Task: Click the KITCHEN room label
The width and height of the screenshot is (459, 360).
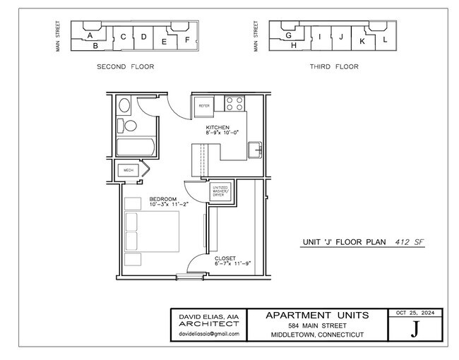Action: (217, 127)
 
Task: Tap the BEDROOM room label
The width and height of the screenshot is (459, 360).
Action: (163, 199)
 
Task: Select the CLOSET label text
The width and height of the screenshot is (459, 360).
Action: (225, 258)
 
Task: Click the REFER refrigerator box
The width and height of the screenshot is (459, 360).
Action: (205, 106)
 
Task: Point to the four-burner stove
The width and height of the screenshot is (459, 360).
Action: (234, 103)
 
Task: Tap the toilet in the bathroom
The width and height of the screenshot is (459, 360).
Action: (127, 126)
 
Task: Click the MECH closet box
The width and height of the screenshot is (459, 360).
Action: (129, 170)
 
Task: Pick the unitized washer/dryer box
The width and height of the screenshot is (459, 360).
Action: (219, 191)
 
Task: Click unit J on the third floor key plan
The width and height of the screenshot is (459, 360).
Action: (341, 37)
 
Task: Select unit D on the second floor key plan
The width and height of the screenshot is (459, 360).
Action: (143, 37)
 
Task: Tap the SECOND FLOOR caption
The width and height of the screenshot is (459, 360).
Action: (125, 67)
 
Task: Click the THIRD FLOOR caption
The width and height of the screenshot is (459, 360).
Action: (334, 67)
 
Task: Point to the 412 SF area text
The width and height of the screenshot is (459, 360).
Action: (409, 241)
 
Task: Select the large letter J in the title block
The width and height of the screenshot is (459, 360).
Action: (415, 329)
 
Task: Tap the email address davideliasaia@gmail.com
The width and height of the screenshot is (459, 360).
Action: (208, 334)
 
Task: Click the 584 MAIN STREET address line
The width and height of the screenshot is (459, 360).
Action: (317, 325)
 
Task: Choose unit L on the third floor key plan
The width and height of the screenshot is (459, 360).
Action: (385, 40)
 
